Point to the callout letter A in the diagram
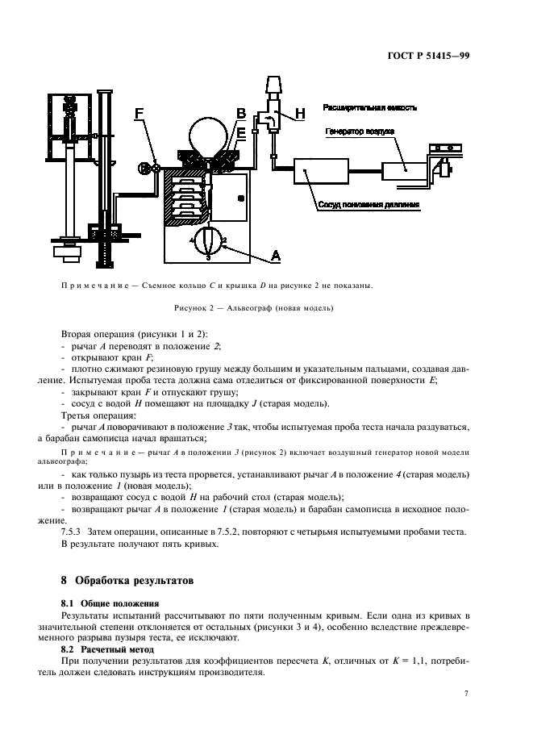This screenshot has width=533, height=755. click(x=275, y=256)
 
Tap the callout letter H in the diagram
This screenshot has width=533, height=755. click(x=299, y=115)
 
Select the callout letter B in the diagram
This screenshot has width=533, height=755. click(x=239, y=113)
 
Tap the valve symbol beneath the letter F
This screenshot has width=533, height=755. click(x=145, y=169)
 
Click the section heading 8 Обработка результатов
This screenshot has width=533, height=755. click(x=128, y=580)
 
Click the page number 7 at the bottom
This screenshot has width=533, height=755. click(x=467, y=694)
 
